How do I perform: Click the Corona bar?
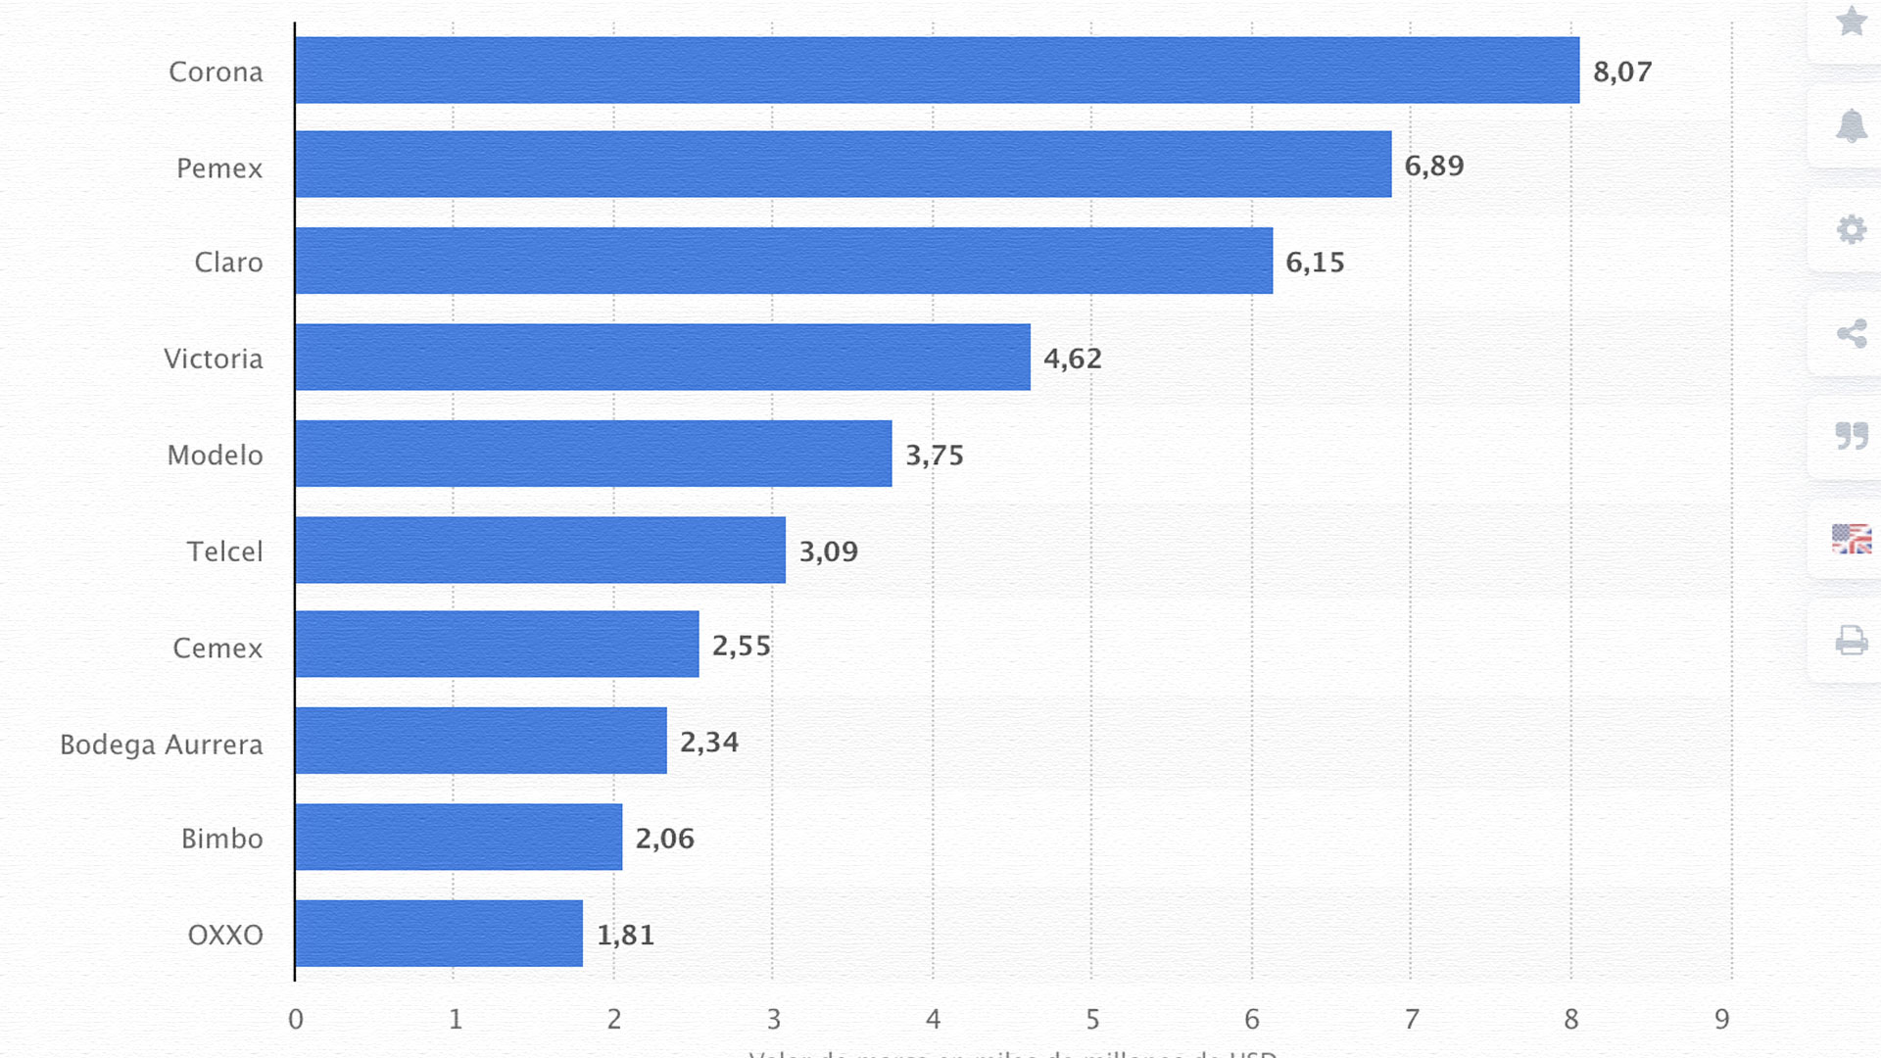(x=937, y=71)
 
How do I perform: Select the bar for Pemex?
(x=843, y=165)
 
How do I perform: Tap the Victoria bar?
(x=662, y=358)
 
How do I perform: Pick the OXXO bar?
(x=439, y=934)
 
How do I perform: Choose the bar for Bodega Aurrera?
(x=481, y=742)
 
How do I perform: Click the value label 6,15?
(x=1315, y=263)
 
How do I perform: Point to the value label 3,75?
(x=935, y=456)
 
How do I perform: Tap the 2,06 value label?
(x=664, y=839)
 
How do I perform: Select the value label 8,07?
(x=1622, y=72)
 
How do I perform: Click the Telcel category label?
(x=224, y=552)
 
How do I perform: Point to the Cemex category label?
(x=217, y=649)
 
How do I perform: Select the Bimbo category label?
(x=221, y=839)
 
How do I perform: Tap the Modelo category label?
(x=215, y=456)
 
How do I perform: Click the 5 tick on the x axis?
(x=1092, y=1020)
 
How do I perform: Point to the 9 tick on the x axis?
(x=1722, y=1020)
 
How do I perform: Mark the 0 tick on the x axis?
(x=296, y=1020)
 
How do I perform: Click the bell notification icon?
(x=1851, y=126)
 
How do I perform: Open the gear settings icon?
(x=1851, y=230)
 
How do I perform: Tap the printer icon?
(x=1851, y=641)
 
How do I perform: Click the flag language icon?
(x=1851, y=539)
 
